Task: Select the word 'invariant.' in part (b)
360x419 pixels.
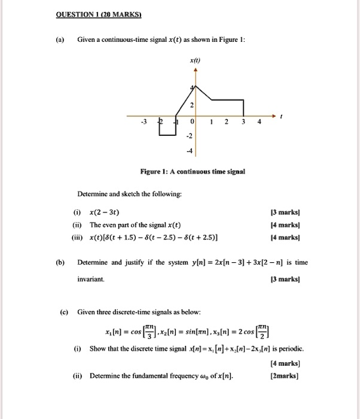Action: pyautogui.click(x=91, y=280)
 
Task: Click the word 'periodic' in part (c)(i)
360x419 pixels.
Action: pyautogui.click(x=292, y=348)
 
